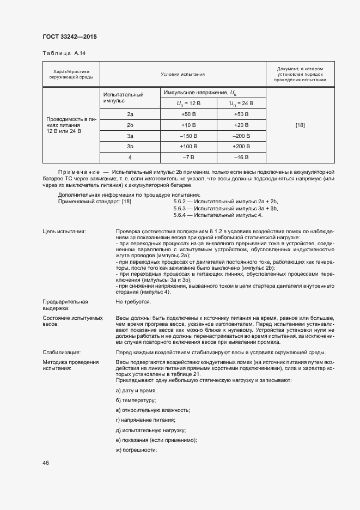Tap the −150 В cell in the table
[x=188, y=136]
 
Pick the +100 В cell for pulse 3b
[x=188, y=147]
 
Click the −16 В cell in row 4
[x=241, y=157]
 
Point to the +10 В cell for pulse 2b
[x=188, y=125]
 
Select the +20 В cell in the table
[x=241, y=125]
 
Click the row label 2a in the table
[x=130, y=114]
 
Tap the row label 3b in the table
[x=130, y=147]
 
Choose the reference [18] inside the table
[x=300, y=125]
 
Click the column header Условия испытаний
[x=182, y=74]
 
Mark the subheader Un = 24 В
[x=241, y=103]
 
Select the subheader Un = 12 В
[x=188, y=103]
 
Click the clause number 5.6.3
[x=180, y=209]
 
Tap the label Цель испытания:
[x=64, y=232]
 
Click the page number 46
[x=46, y=463]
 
